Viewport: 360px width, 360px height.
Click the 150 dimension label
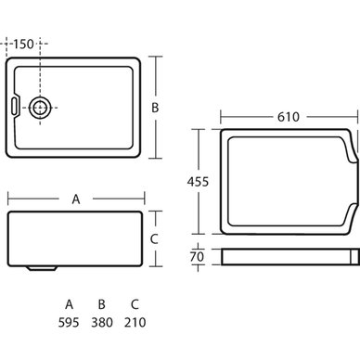(x=23, y=44)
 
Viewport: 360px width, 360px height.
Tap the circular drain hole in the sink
(x=39, y=108)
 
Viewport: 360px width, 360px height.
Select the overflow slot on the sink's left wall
(x=15, y=106)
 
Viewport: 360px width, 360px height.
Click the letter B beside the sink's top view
(x=155, y=108)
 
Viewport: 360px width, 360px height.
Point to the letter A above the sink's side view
(x=76, y=199)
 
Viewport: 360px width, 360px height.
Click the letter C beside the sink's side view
(x=154, y=239)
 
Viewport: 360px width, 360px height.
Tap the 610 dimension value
(x=289, y=117)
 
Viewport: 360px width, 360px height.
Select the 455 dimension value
(x=198, y=182)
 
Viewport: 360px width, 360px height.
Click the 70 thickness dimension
(x=197, y=257)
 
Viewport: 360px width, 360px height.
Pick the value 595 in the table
(x=69, y=323)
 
